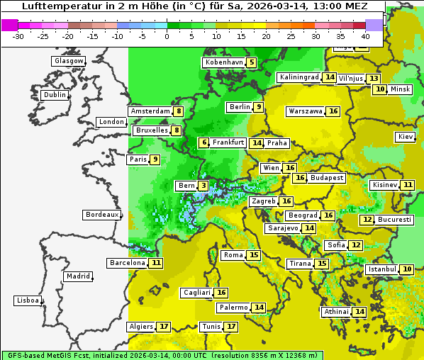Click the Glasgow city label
click(68, 61)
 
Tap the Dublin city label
click(54, 95)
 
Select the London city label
click(111, 122)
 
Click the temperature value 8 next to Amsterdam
click(179, 111)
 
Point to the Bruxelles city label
click(152, 130)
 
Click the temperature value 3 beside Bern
click(203, 186)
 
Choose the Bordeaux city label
click(102, 214)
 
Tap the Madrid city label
click(77, 276)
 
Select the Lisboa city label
click(27, 300)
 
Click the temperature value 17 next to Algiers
click(164, 327)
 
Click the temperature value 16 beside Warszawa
click(333, 111)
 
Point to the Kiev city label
click(406, 137)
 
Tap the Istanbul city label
click(382, 270)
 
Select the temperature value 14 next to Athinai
click(359, 312)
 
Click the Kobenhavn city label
click(224, 62)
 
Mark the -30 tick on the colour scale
click(19, 36)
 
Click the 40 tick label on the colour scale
click(365, 36)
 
